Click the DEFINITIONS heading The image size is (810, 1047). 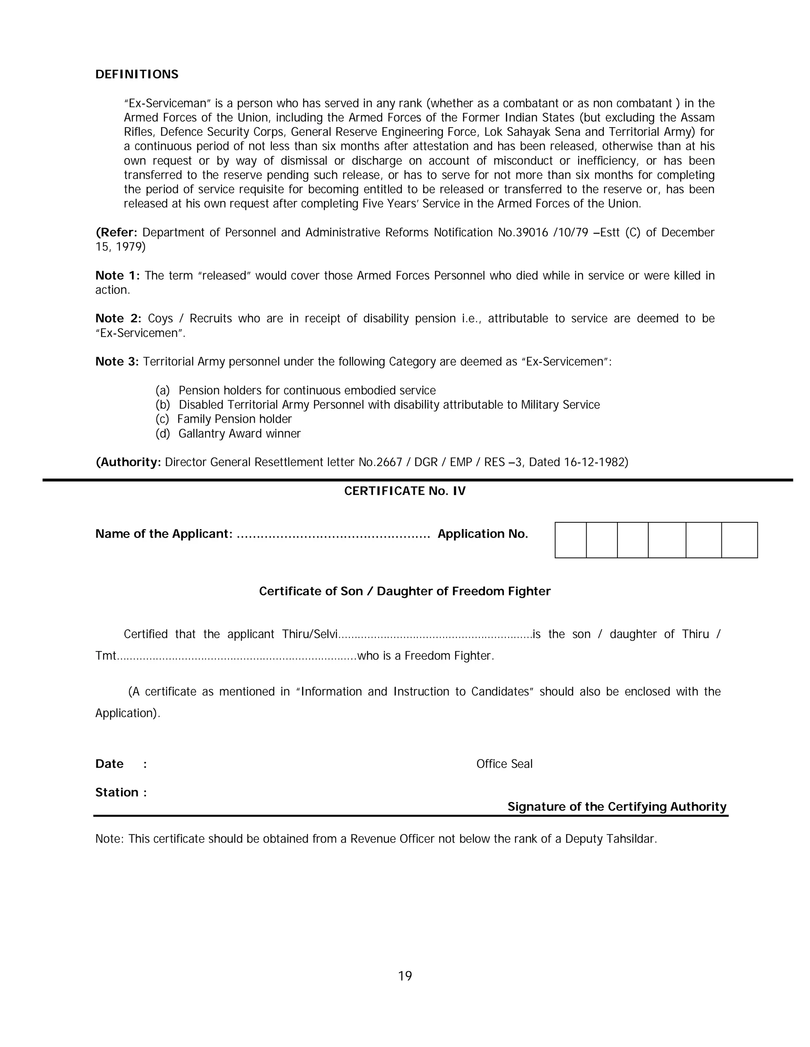pos(137,74)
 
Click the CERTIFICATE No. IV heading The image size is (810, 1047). pos(405,491)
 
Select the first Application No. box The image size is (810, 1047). pos(571,540)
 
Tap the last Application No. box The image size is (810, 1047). pos(739,540)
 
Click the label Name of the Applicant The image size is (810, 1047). pos(164,534)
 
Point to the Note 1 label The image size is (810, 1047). pos(117,276)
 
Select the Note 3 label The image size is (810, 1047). pos(117,362)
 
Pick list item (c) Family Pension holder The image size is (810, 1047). pos(223,420)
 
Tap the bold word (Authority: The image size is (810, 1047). pos(128,462)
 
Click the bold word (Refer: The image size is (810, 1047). pos(117,232)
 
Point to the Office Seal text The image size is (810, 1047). pos(504,764)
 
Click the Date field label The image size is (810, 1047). pos(110,764)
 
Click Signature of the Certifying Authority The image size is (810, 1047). pos(617,807)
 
